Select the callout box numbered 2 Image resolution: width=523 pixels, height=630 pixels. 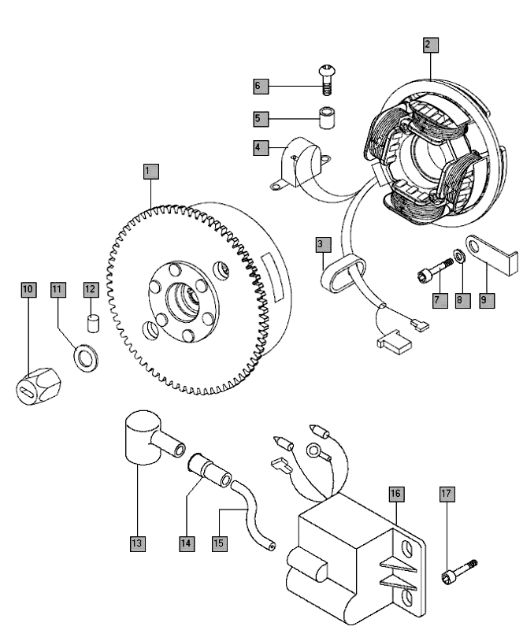point(427,45)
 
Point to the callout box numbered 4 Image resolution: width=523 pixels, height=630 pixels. point(258,147)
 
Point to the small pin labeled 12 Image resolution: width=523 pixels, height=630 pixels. point(91,324)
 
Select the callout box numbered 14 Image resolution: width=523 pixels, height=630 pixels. point(186,543)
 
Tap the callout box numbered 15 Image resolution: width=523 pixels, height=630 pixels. point(220,543)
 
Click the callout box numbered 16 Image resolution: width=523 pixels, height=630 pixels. point(395,494)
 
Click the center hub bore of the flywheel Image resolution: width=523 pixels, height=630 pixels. point(185,300)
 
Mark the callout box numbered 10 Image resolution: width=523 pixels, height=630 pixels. point(28,289)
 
